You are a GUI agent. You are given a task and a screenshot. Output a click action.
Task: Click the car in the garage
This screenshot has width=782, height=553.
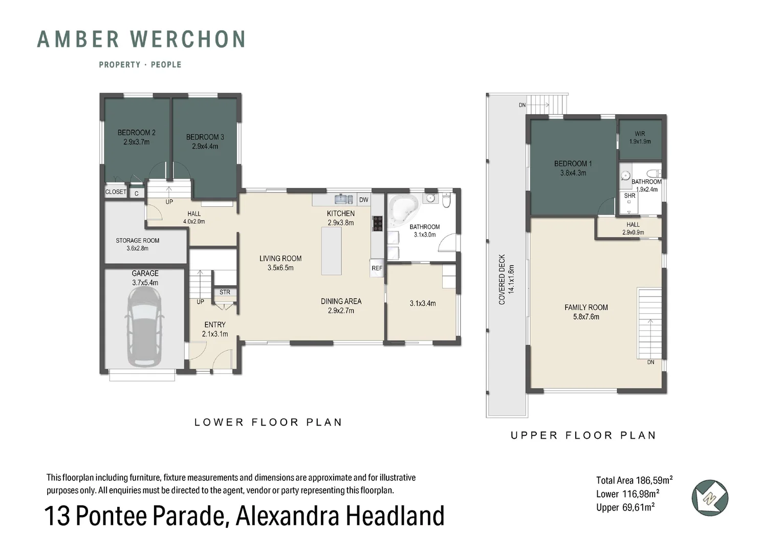coord(145,327)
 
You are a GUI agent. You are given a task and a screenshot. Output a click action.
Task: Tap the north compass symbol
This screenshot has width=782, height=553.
coord(710,498)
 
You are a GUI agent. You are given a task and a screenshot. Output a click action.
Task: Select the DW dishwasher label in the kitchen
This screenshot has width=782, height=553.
coord(363,200)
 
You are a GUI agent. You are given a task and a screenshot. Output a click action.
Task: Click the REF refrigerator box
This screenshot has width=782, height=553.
coord(377,268)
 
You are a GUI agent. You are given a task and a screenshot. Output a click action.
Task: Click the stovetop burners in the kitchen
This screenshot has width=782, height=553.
coord(377,224)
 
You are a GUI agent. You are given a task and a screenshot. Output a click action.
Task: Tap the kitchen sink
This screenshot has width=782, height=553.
coord(341,199)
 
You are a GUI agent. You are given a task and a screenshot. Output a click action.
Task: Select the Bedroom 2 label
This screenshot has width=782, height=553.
coord(136,133)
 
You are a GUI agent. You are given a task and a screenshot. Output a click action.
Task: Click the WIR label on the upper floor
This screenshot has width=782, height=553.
coord(640,134)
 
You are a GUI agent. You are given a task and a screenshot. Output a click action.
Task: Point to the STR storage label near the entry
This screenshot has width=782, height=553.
coord(225,292)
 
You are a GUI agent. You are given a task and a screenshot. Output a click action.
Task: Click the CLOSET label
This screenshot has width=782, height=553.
coord(116,192)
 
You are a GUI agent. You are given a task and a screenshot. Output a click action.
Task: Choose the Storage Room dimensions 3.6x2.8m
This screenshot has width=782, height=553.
coord(137,249)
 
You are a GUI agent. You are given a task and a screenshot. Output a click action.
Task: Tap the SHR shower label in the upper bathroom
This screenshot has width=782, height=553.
coord(629,196)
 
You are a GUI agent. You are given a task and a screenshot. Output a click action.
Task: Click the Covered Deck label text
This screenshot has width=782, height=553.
coord(502,279)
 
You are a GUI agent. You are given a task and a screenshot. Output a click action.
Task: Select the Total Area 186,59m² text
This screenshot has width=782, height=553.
coord(634,480)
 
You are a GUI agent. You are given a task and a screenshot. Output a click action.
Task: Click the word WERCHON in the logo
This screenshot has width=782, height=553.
coord(188,39)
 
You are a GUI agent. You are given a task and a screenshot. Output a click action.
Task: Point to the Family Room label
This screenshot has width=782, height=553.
coord(586,307)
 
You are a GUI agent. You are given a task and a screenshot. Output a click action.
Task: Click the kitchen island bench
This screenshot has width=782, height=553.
coord(331,251)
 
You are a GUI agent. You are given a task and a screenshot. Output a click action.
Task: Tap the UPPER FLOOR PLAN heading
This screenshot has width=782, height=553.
coord(583,435)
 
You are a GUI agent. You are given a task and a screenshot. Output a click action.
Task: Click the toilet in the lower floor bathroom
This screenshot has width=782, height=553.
coord(446,201)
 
